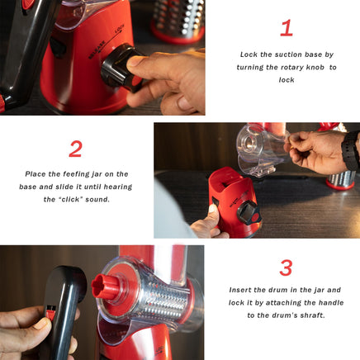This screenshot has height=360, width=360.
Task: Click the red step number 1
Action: pyautogui.click(x=287, y=28)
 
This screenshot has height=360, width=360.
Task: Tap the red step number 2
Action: pyautogui.click(x=75, y=149)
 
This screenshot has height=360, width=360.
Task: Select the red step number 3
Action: pyautogui.click(x=286, y=268)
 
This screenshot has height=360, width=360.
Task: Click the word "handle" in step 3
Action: pyautogui.click(x=331, y=303)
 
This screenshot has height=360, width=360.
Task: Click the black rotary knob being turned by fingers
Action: pyautogui.click(x=118, y=68)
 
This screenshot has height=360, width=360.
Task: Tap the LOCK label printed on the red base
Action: pyautogui.click(x=120, y=29)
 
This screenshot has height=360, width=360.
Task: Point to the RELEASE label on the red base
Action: pyautogui.click(x=97, y=50)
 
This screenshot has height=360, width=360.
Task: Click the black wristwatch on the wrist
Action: pyautogui.click(x=351, y=150)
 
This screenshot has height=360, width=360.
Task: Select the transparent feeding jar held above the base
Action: pyautogui.click(x=260, y=150)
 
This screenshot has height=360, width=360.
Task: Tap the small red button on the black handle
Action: pyautogui.click(x=50, y=312)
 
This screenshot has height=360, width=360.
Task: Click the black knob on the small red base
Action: pyautogui.click(x=249, y=212)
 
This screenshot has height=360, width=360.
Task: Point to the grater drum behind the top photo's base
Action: pyautogui.click(x=178, y=21)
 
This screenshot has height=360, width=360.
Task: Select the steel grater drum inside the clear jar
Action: pyautogui.click(x=165, y=299)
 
